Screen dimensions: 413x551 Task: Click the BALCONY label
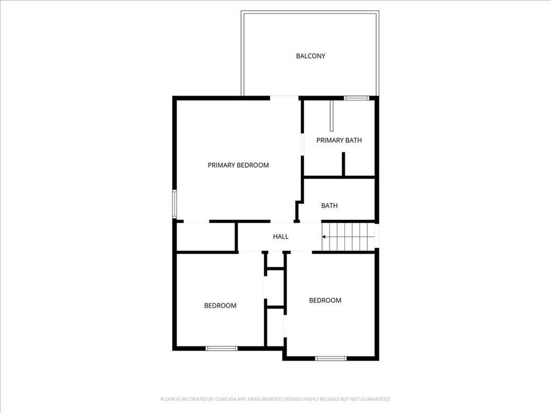310,56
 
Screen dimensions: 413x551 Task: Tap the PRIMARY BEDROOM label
238,165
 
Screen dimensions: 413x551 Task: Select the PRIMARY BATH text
338,140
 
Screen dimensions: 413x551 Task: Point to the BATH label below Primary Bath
329,205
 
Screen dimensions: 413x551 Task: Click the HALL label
280,236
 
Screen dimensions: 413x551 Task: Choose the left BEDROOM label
220,305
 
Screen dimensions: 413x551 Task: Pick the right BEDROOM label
325,300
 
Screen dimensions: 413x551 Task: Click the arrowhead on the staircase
324,236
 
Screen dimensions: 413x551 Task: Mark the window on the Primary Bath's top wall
356,98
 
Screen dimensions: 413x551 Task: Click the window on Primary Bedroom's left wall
174,204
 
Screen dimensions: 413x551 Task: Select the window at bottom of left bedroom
221,348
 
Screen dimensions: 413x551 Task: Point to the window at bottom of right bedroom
330,358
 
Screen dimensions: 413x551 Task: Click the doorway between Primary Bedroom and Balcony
284,98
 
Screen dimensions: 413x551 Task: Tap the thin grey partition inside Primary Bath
333,115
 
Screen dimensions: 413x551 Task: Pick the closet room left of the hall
206,237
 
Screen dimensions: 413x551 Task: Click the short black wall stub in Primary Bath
343,165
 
